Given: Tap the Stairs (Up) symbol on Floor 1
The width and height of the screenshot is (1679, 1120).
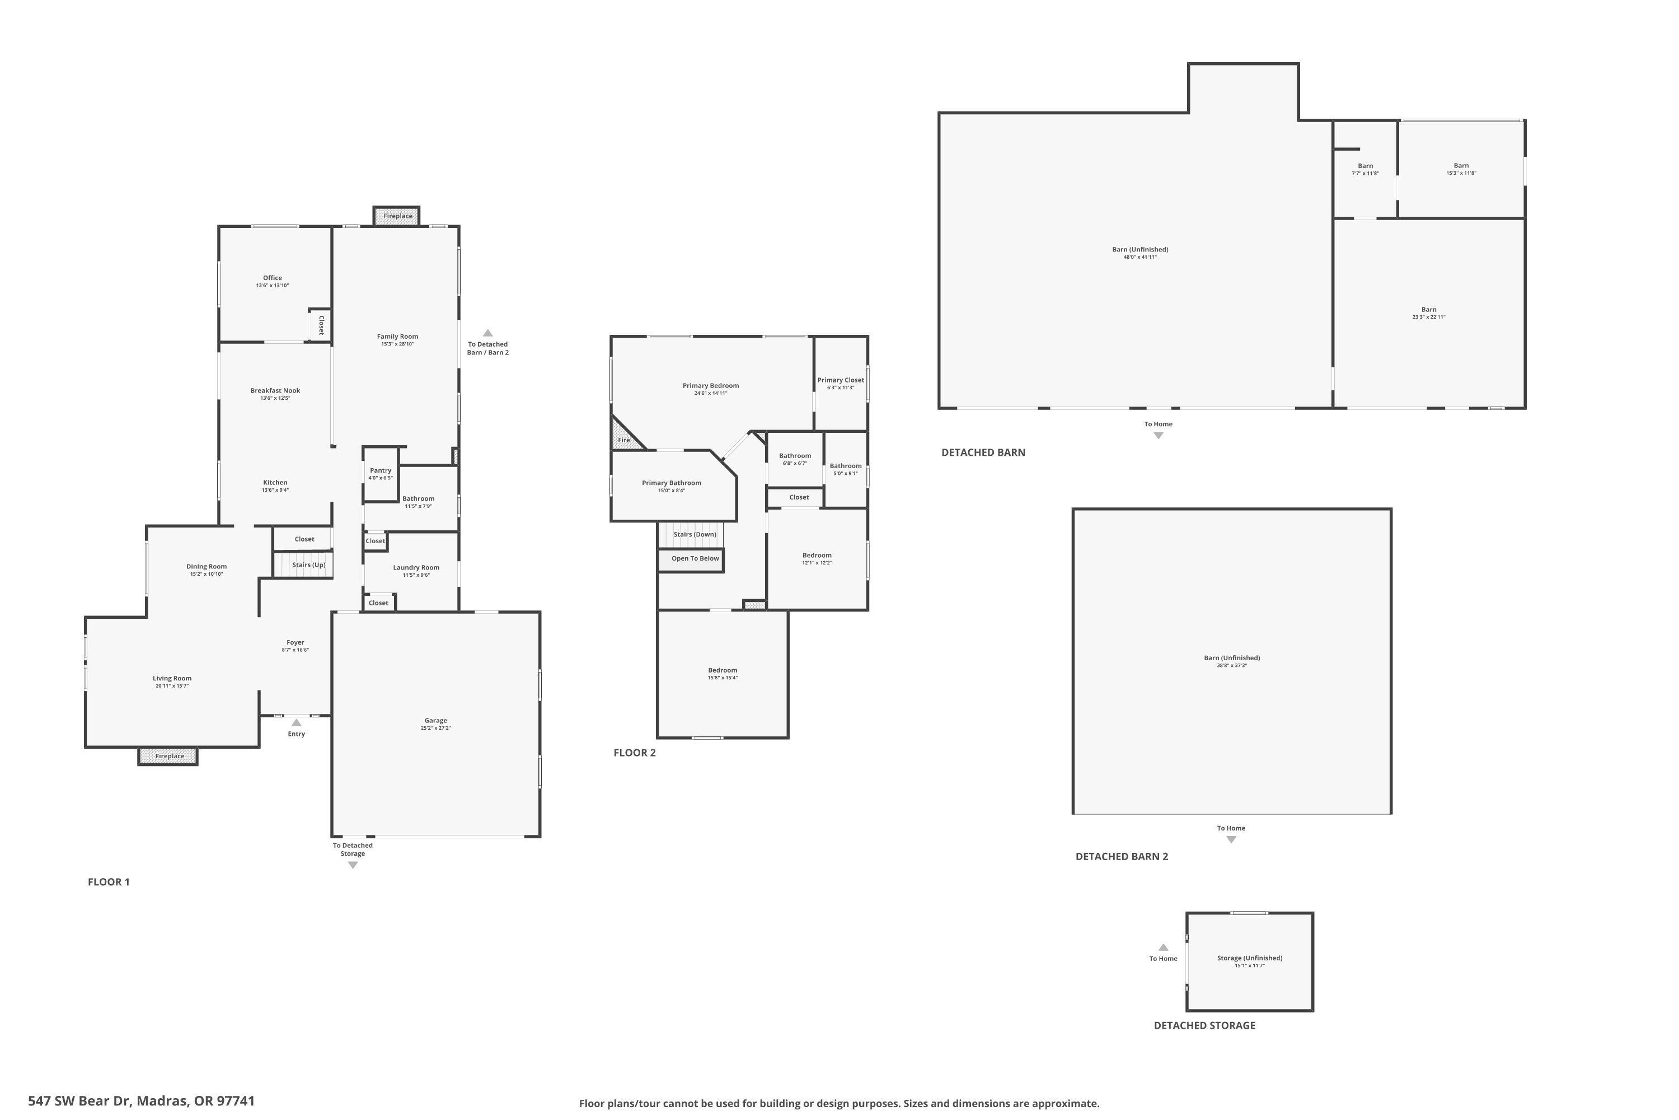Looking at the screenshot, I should (x=303, y=565).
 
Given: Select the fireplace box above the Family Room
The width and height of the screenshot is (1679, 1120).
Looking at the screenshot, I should (x=397, y=216).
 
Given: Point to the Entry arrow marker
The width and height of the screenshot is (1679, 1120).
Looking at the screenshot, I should (x=296, y=723).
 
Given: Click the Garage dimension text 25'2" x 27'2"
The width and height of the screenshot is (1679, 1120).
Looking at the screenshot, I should (x=435, y=729).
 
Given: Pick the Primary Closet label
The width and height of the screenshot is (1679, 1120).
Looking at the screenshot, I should (x=840, y=381).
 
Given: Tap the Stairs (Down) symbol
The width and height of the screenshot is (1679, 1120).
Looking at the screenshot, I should (x=691, y=534).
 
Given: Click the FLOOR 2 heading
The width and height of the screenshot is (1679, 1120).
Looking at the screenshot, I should (x=634, y=753).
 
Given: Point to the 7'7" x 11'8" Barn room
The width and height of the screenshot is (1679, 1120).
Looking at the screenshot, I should (x=1365, y=169).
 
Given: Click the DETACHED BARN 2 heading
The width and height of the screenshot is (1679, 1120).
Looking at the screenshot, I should (x=1122, y=856).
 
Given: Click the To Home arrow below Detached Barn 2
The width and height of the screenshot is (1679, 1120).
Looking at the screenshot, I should (x=1231, y=839).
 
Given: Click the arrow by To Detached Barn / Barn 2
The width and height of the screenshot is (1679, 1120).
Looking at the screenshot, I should (x=487, y=333).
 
